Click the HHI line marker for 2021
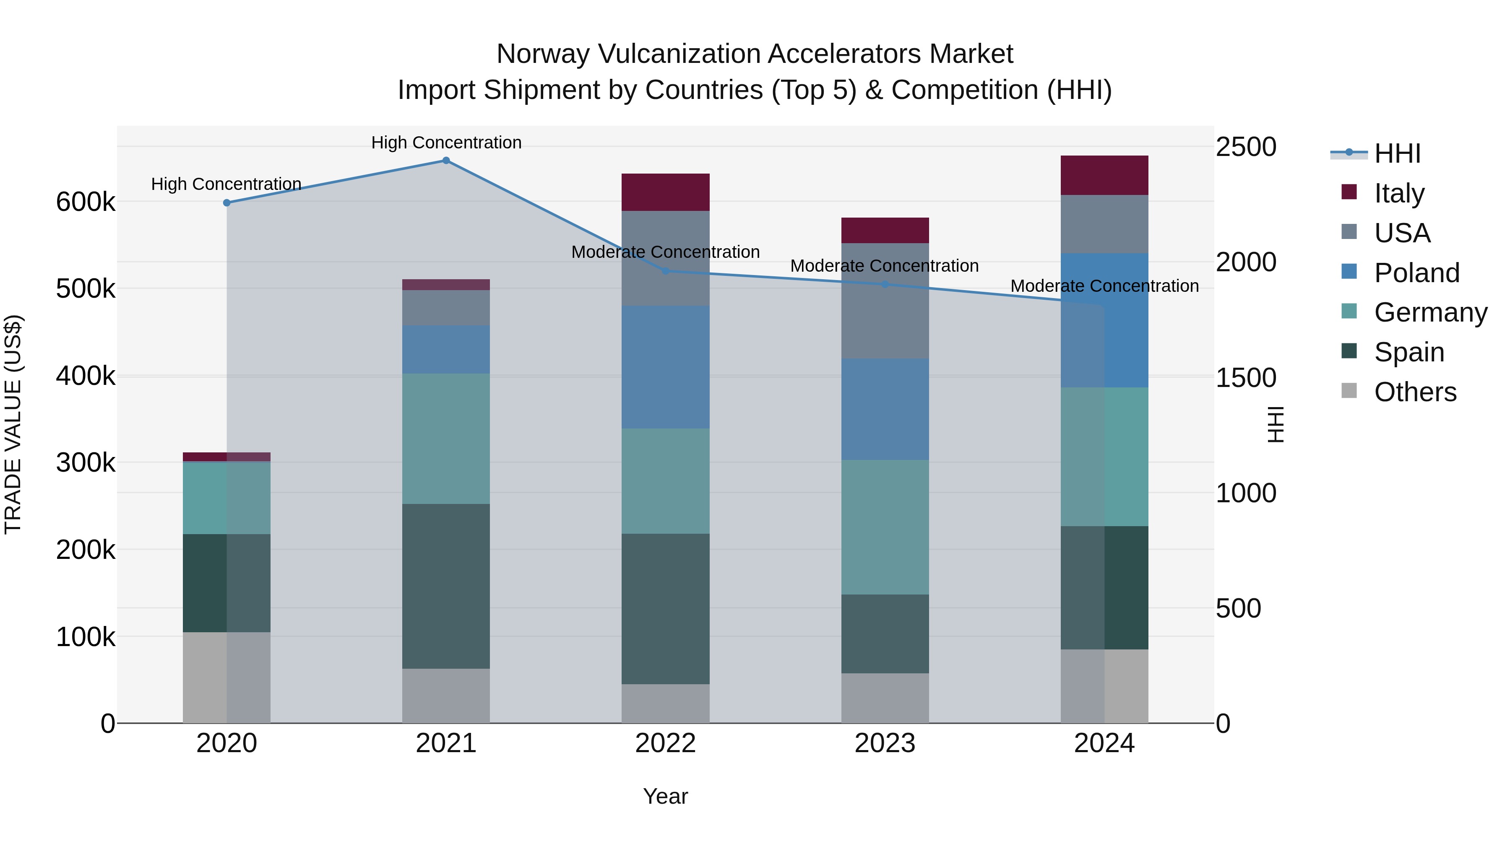point(446,161)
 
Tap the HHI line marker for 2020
point(227,203)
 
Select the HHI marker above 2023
point(885,285)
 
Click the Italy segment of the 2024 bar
point(1104,175)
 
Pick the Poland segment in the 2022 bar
point(665,367)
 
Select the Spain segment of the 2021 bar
point(446,586)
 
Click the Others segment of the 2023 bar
point(885,698)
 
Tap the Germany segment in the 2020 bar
point(227,498)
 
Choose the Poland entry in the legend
point(1416,273)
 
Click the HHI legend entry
point(1397,153)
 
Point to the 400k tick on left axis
point(86,376)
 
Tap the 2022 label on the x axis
point(665,743)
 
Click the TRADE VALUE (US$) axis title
point(13,424)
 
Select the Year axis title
point(665,796)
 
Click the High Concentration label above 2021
point(446,143)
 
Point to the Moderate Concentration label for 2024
point(1104,286)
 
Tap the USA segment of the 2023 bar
point(885,301)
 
